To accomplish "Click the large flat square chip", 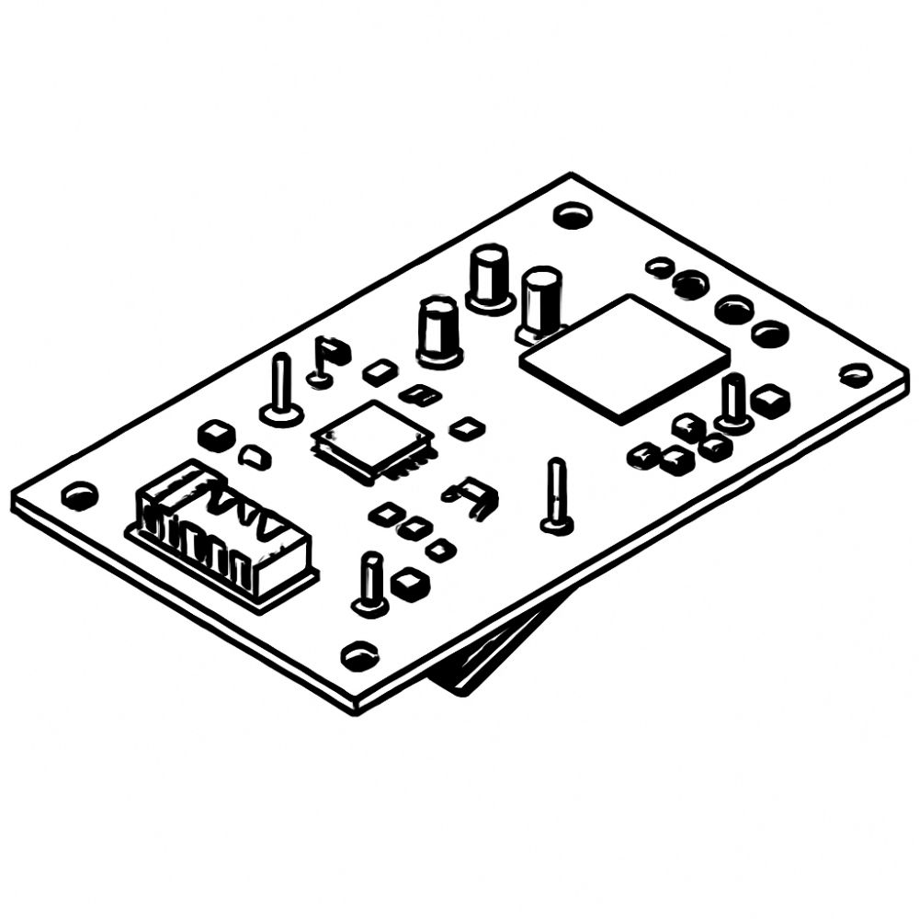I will [625, 356].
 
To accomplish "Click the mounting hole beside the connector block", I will [80, 495].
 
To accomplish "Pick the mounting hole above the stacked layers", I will [358, 654].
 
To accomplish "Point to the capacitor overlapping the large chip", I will [540, 301].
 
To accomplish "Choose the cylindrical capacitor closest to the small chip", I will [438, 329].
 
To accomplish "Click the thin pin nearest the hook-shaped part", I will [557, 496].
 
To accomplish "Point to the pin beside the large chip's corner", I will [734, 402].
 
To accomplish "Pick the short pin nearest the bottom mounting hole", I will [370, 584].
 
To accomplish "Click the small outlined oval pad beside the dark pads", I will [659, 267].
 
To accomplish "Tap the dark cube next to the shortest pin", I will [409, 582].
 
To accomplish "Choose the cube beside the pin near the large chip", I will [770, 400].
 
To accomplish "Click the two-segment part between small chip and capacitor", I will [421, 395].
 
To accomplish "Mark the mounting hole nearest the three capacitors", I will [572, 215].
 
